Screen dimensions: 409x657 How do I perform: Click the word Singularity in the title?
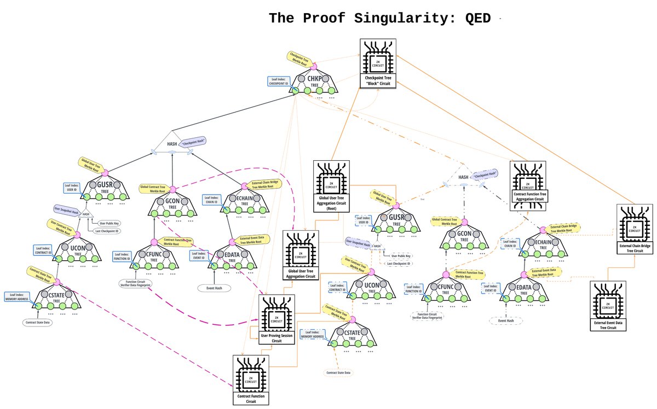399,18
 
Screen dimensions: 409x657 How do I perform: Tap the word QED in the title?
478,18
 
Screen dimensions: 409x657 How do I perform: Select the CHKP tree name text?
313,79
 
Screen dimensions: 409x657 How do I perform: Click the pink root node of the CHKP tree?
314,66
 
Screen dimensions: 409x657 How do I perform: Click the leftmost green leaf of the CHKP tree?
295,90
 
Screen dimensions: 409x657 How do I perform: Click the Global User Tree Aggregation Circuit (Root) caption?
332,200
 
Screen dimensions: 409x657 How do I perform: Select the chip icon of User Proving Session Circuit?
276,315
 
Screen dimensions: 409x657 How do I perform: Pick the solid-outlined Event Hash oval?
214,288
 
